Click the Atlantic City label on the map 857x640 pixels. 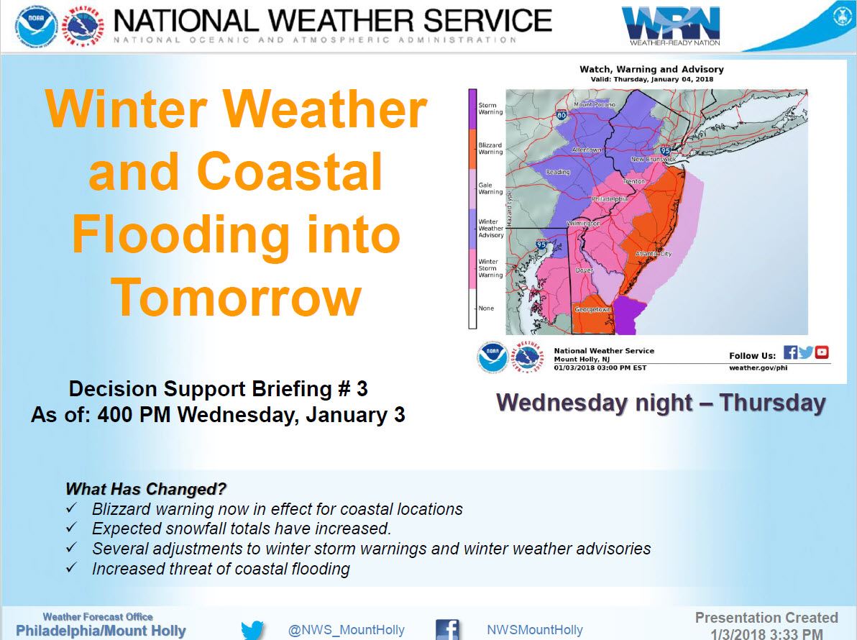[653, 254]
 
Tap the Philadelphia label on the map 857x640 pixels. [610, 199]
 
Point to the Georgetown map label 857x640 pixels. [592, 309]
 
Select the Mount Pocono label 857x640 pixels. [595, 104]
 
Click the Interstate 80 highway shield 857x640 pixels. [562, 115]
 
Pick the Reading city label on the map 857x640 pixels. [558, 172]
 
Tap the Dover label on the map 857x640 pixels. [585, 270]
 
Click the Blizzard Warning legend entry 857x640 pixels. [490, 148]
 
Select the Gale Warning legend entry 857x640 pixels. [490, 188]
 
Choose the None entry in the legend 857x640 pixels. [486, 308]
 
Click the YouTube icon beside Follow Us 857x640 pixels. [822, 352]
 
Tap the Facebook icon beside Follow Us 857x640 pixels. [790, 352]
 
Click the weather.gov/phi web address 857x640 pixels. [758, 368]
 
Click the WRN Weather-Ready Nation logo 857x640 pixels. [671, 26]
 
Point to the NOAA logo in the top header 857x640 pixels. [36, 26]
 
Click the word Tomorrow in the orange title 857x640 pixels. [236, 297]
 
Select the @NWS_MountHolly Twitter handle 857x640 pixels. [347, 630]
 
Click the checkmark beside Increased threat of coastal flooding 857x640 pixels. [72, 567]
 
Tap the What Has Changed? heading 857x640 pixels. [146, 488]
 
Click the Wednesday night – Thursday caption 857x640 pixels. [661, 403]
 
